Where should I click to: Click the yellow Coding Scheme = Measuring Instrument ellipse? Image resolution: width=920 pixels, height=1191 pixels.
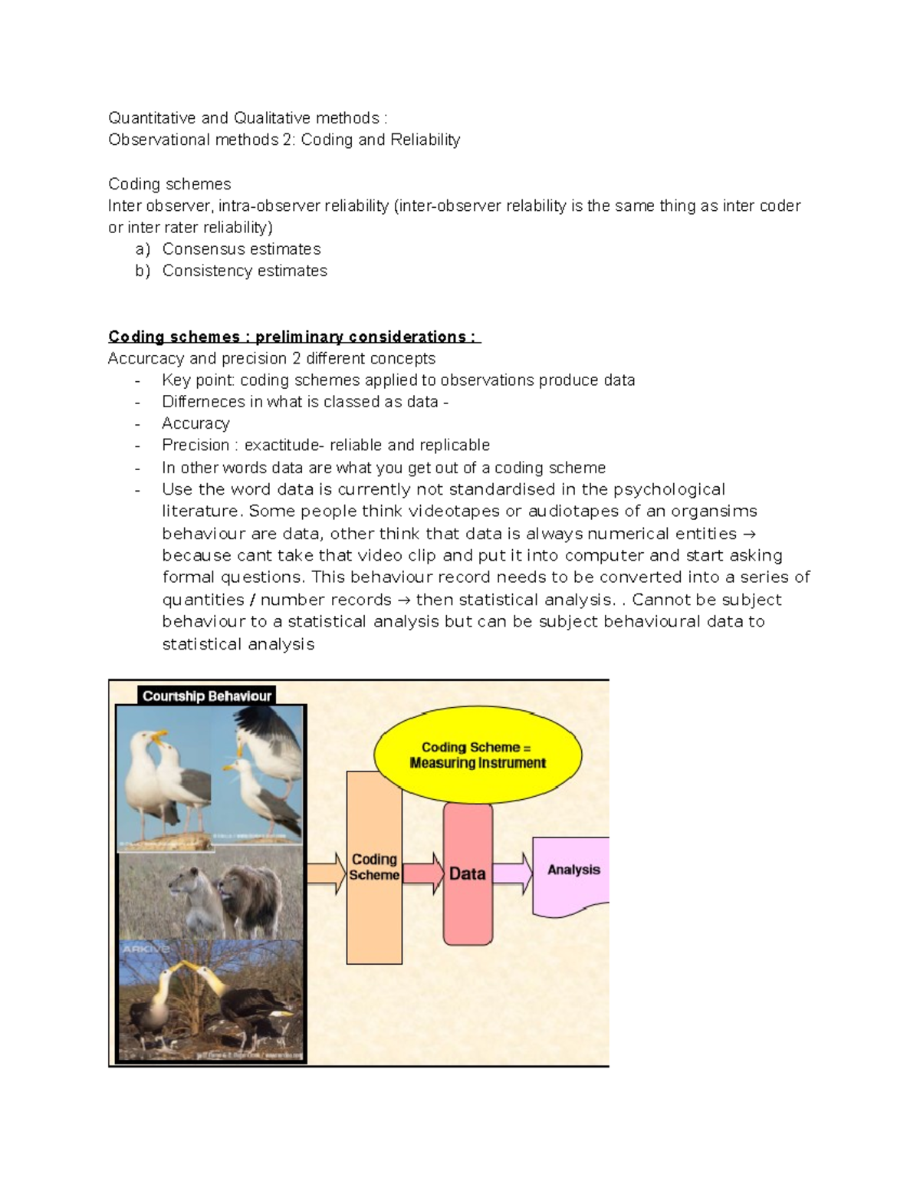pyautogui.click(x=478, y=755)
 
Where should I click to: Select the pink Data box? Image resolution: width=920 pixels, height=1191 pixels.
pyautogui.click(x=468, y=874)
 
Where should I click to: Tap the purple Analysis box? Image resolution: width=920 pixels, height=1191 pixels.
pyautogui.click(x=572, y=874)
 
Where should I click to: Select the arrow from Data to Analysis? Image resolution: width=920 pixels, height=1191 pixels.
pyautogui.click(x=512, y=874)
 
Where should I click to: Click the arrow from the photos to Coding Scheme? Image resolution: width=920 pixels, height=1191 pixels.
pyautogui.click(x=327, y=874)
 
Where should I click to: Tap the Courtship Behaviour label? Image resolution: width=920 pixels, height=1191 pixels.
pyautogui.click(x=206, y=696)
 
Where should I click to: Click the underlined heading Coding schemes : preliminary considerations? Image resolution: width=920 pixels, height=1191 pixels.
pyautogui.click(x=294, y=337)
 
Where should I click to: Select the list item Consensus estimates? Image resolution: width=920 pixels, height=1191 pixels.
pyautogui.click(x=241, y=249)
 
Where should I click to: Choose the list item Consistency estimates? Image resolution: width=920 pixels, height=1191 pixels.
pyautogui.click(x=244, y=271)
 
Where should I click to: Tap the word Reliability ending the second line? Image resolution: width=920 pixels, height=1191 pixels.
pyautogui.click(x=425, y=140)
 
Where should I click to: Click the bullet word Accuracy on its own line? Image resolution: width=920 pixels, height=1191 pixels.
pyautogui.click(x=195, y=423)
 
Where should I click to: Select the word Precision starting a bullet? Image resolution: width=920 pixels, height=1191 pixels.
pyautogui.click(x=195, y=445)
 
